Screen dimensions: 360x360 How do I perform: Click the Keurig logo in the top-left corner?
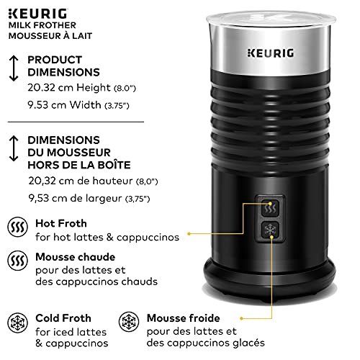point(37,14)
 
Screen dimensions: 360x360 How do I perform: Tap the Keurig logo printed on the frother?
point(271,53)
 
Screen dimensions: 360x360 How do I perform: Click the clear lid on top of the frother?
point(271,19)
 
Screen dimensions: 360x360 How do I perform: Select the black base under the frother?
point(269,279)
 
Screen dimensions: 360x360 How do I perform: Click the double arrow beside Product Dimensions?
point(14,68)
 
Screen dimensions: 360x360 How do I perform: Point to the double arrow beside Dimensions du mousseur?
point(14,148)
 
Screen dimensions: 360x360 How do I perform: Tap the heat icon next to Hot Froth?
point(18,227)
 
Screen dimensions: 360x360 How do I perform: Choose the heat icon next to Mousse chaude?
point(18,261)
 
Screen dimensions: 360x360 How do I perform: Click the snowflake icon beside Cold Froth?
point(18,323)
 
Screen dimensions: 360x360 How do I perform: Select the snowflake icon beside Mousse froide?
point(129,322)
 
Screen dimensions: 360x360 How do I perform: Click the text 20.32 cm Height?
point(69,88)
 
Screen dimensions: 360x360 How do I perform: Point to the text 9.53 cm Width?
point(64,105)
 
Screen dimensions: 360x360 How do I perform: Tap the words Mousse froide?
point(184,318)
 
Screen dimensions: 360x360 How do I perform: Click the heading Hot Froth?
point(61,223)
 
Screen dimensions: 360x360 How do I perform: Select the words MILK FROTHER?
point(42,25)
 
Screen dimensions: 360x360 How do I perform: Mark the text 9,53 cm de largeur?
point(76,198)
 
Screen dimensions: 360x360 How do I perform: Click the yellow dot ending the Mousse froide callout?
point(242,318)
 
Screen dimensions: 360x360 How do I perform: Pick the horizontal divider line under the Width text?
point(76,122)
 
